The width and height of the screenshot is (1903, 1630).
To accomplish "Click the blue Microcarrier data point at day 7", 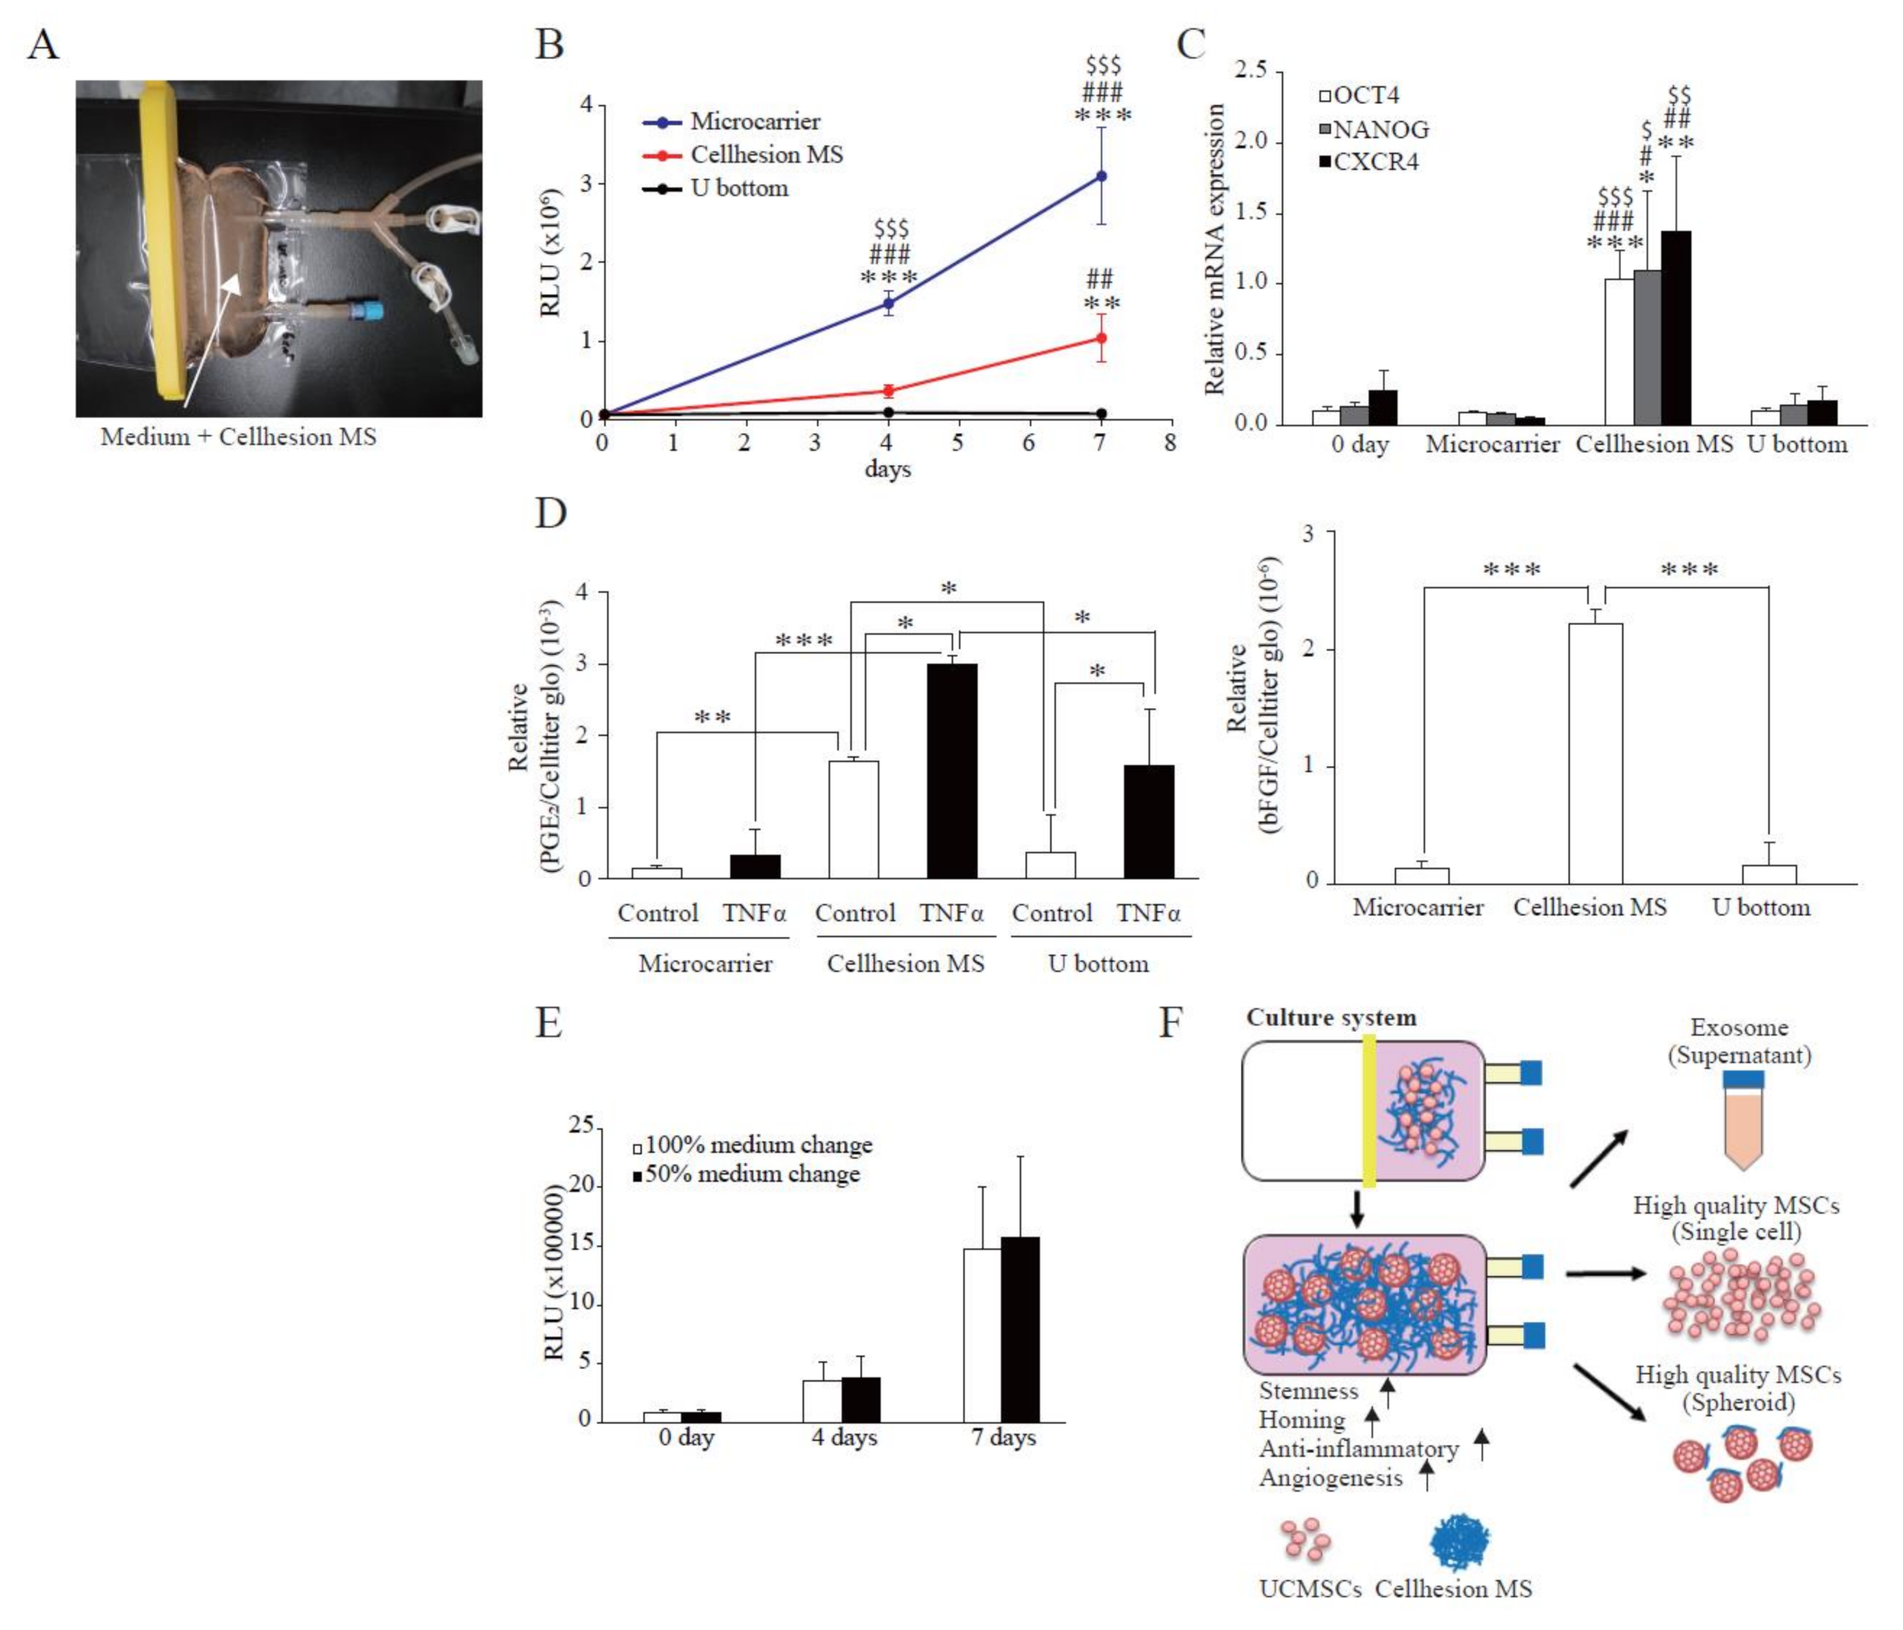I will pos(1100,176).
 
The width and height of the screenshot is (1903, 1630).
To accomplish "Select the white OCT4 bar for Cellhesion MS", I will pos(1618,352).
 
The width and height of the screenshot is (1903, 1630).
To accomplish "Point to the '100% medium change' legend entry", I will pos(752,1145).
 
